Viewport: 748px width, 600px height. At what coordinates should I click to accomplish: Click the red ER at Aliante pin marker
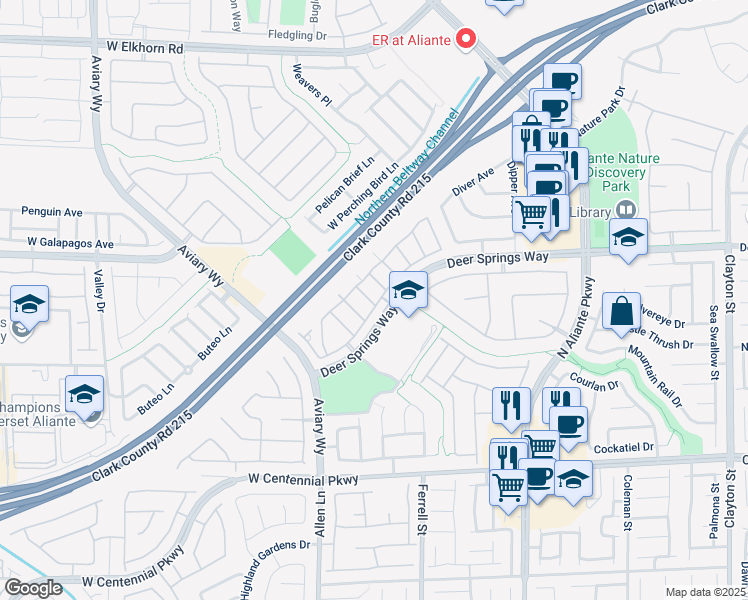point(465,39)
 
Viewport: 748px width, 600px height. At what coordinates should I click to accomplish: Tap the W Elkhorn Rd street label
point(147,47)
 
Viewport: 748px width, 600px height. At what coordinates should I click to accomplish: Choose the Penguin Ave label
point(52,213)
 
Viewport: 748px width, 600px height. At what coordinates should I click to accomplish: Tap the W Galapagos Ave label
point(71,243)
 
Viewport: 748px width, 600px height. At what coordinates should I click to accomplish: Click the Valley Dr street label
point(99,291)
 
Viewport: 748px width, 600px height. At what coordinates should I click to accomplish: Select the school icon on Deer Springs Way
point(407,291)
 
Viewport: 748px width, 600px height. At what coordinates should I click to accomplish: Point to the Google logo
point(33,588)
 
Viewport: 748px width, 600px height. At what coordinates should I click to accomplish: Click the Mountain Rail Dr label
point(655,376)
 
